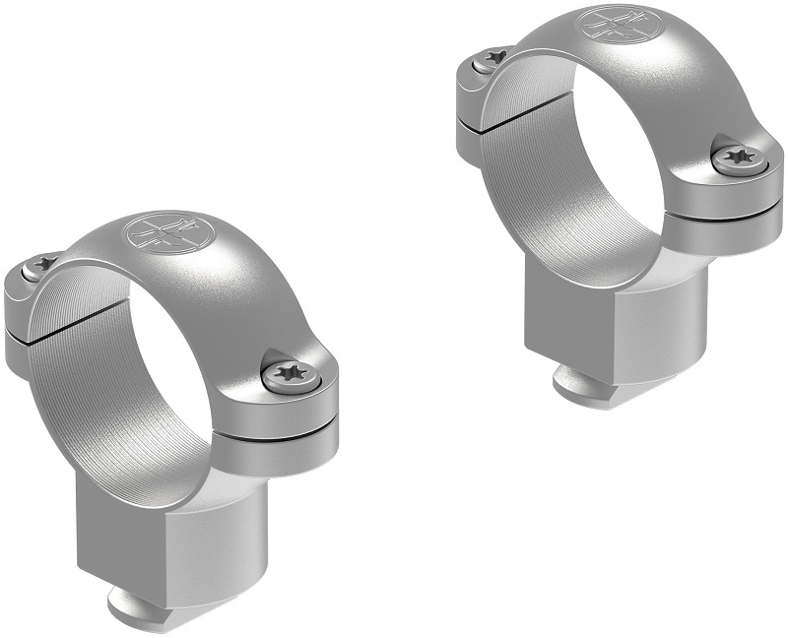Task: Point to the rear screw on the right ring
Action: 488,60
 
